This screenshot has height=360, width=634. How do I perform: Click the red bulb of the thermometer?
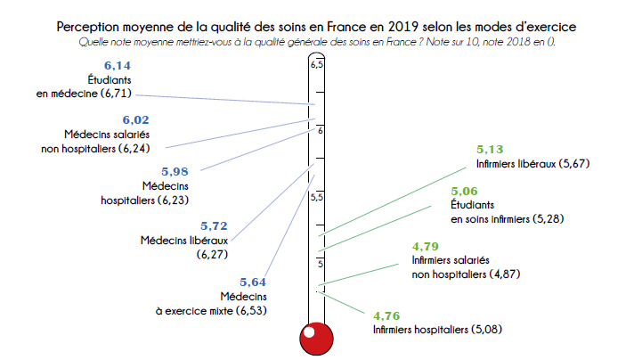point(315,339)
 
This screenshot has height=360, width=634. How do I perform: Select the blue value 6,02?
point(135,119)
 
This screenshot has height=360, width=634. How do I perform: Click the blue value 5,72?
point(215,226)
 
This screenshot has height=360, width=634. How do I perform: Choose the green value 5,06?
point(466,191)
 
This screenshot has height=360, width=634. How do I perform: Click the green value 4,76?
point(387,315)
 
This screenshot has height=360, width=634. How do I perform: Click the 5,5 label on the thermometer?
point(316,197)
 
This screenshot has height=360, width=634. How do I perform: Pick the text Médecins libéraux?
point(184,241)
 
